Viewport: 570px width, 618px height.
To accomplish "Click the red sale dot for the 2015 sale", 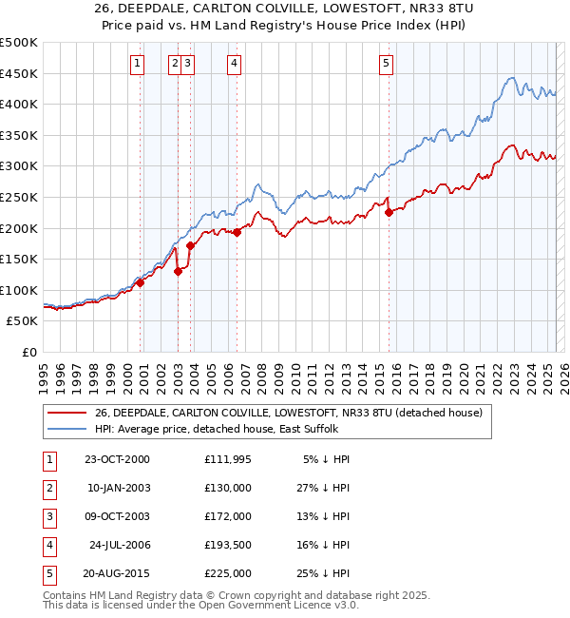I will point(389,213).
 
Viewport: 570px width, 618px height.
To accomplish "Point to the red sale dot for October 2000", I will point(140,282).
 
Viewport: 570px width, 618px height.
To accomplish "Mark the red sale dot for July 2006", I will point(237,232).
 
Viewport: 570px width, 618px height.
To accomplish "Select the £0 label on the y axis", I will point(30,352).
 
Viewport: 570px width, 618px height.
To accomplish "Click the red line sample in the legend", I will point(66,413).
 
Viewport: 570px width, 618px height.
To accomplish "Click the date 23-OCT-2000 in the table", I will point(117,459).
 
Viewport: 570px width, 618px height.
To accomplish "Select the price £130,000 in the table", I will point(228,488).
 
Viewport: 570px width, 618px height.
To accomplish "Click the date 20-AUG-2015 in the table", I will point(117,573).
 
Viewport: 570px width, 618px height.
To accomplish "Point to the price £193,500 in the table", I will point(228,545).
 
